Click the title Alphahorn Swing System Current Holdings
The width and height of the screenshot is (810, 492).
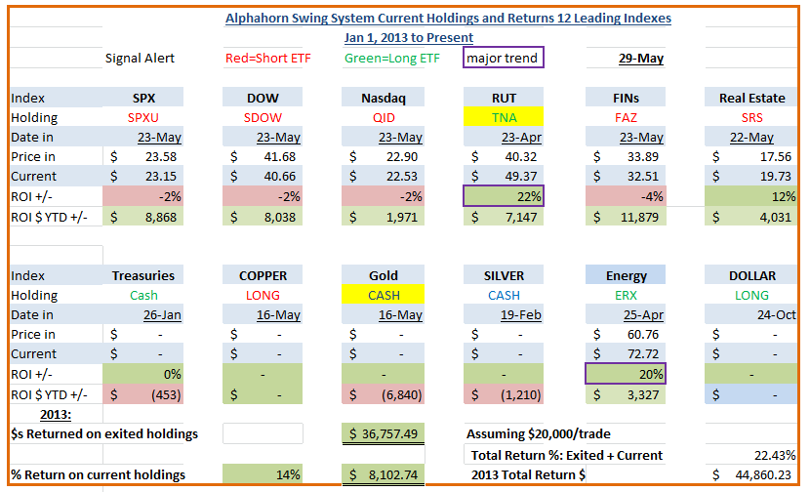point(448,18)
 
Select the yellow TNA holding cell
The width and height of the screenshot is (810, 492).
point(504,117)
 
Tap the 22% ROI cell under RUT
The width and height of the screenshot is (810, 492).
point(504,196)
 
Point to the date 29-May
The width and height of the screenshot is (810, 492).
point(641,59)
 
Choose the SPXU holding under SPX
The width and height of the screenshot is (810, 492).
point(143,117)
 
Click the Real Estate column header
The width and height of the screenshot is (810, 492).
point(752,98)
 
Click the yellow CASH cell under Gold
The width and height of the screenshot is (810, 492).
point(384,295)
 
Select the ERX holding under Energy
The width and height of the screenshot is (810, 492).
point(625,295)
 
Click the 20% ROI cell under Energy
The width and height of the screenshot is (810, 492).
point(625,373)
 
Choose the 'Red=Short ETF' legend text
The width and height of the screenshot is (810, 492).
point(267,59)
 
